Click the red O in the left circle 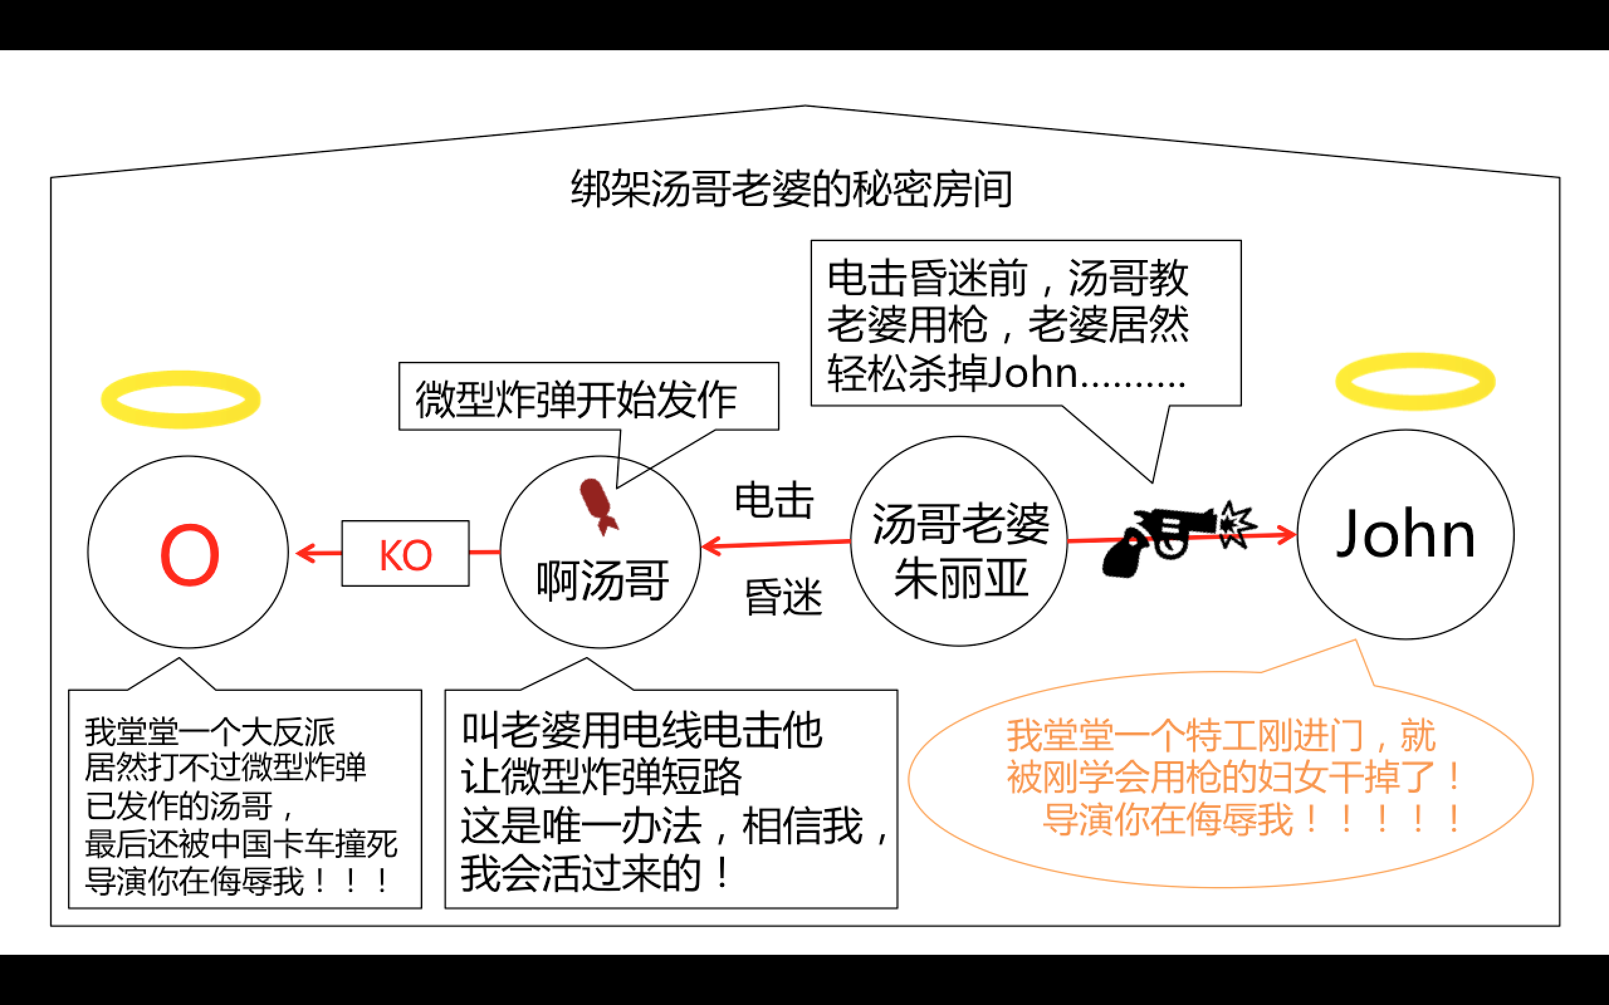(x=189, y=555)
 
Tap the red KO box (x=405, y=553)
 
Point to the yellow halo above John (x=1415, y=381)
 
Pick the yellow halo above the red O (x=180, y=399)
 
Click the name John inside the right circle (x=1405, y=535)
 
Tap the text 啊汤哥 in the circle (x=602, y=581)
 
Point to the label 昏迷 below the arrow (x=783, y=597)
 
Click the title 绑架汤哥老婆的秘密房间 (x=791, y=190)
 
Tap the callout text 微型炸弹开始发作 (x=576, y=400)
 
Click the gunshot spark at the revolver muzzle (x=1235, y=525)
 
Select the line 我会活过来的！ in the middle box (x=596, y=873)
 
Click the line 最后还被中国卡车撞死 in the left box (x=241, y=844)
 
